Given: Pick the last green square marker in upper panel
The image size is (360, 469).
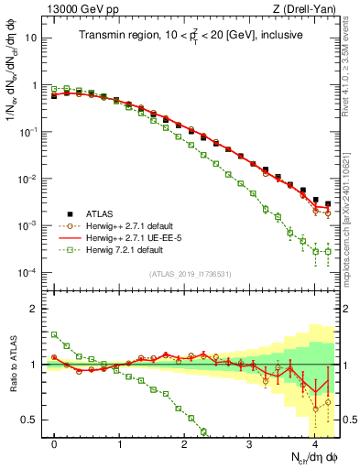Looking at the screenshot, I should pyautogui.click(x=327, y=251).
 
